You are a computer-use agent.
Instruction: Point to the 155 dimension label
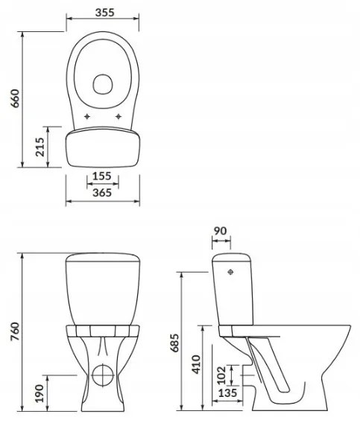(x=101, y=176)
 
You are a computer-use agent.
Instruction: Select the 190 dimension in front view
(x=40, y=389)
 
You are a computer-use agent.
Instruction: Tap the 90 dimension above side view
(x=220, y=231)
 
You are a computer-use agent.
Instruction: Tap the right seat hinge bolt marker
(x=118, y=117)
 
